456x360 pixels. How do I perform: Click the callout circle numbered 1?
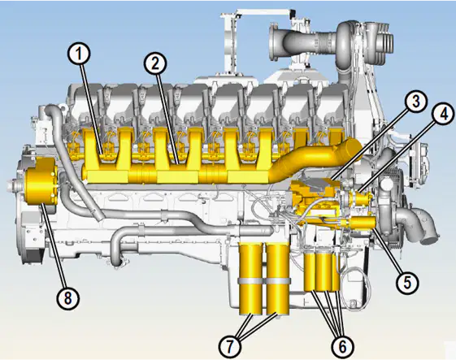tap(80, 55)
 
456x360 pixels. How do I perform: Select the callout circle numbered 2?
tap(155, 64)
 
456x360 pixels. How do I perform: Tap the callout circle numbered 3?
tap(416, 102)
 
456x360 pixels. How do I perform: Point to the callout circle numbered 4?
tap(444, 115)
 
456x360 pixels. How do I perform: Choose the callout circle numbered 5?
tap(407, 281)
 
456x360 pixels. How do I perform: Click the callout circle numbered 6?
tap(342, 346)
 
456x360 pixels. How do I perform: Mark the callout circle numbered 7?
tap(230, 346)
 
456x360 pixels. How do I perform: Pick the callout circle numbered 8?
tap(67, 297)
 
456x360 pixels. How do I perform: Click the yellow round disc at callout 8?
tap(41, 181)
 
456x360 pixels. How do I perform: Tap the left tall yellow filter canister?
tap(250, 280)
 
